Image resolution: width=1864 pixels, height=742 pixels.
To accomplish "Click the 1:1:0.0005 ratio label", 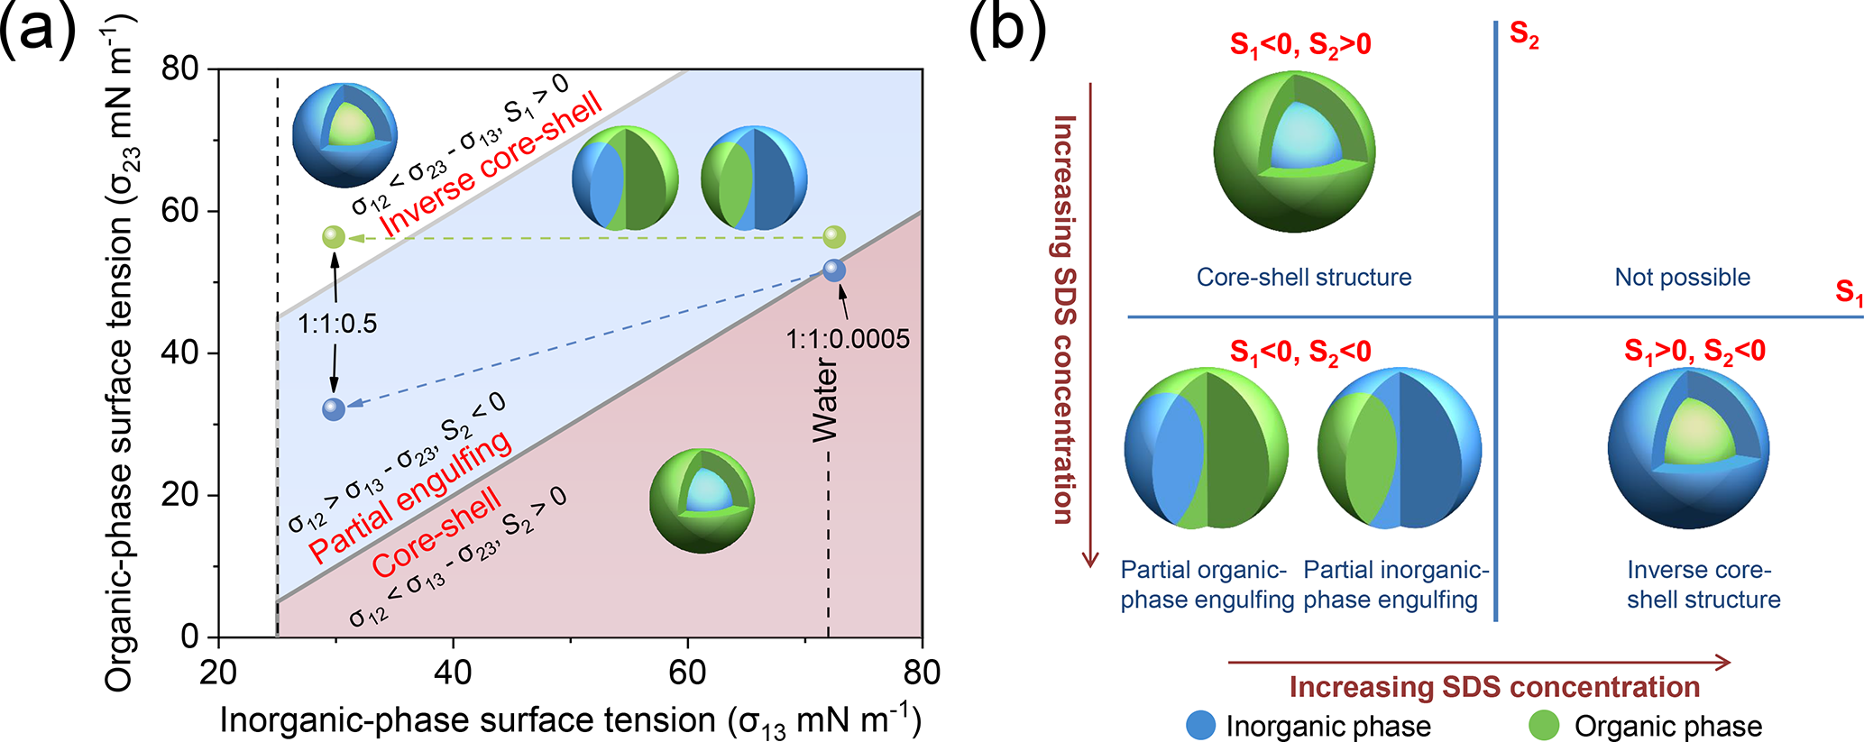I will point(847,340).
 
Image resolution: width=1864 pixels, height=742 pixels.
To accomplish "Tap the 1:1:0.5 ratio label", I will point(337,324).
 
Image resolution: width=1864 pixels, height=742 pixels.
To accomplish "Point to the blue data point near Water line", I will point(834,270).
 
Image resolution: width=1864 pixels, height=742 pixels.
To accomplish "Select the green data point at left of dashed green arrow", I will point(334,237).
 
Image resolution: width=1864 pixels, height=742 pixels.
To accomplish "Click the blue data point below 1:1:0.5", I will point(334,409).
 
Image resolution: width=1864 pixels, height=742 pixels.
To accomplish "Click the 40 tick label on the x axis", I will point(453,673).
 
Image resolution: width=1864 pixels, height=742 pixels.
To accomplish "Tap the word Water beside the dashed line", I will point(825,401).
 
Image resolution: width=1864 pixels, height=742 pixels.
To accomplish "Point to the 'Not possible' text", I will point(1682,278).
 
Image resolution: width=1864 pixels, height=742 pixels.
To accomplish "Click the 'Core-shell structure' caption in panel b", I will point(1304,278).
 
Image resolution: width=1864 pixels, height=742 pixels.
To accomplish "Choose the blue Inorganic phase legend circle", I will point(1200,725).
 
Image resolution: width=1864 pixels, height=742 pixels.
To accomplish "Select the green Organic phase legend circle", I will point(1544,725).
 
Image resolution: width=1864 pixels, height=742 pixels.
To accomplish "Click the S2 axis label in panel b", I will point(1524,36).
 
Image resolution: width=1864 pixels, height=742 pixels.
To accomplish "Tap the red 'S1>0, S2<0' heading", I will point(1694,351).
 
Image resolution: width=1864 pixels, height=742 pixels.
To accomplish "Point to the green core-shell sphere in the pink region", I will point(702,500).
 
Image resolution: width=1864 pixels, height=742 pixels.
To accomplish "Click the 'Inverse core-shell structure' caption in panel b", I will point(1703,584).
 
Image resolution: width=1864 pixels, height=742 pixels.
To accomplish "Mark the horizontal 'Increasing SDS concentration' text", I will point(1494,687).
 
